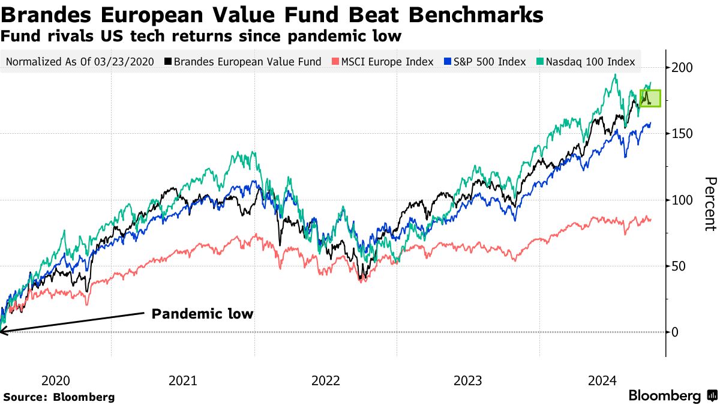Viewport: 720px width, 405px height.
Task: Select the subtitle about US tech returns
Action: point(200,36)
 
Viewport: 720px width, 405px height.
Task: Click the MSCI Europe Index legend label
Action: point(387,61)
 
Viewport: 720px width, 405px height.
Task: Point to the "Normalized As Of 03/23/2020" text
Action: point(80,61)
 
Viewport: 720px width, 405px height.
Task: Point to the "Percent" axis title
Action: point(710,203)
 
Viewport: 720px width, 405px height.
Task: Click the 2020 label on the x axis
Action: point(56,380)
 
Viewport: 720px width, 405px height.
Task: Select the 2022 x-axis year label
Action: point(326,380)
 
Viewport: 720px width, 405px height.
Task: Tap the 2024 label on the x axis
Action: point(602,380)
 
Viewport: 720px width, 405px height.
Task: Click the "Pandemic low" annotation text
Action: point(202,314)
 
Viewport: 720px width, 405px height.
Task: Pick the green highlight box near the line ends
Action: point(650,98)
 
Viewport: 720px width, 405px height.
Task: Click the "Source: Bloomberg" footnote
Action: point(59,397)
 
